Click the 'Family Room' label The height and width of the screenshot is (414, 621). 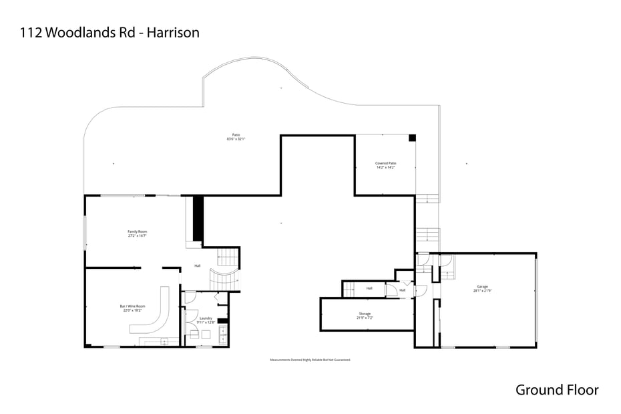(138, 231)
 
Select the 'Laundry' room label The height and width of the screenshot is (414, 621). (206, 318)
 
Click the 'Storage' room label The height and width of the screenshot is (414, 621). (365, 313)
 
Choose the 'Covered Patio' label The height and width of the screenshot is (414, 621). (386, 163)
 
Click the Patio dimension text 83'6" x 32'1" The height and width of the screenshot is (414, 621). (236, 139)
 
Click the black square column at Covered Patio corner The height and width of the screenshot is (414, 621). (412, 138)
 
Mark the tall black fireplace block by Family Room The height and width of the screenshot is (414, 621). (198, 218)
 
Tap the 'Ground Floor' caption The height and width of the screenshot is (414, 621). (557, 390)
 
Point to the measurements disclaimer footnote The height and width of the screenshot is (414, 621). (310, 360)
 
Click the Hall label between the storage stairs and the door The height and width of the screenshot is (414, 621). (369, 288)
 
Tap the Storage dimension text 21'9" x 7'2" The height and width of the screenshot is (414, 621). (365, 318)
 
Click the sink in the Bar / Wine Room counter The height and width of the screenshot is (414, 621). (164, 340)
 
